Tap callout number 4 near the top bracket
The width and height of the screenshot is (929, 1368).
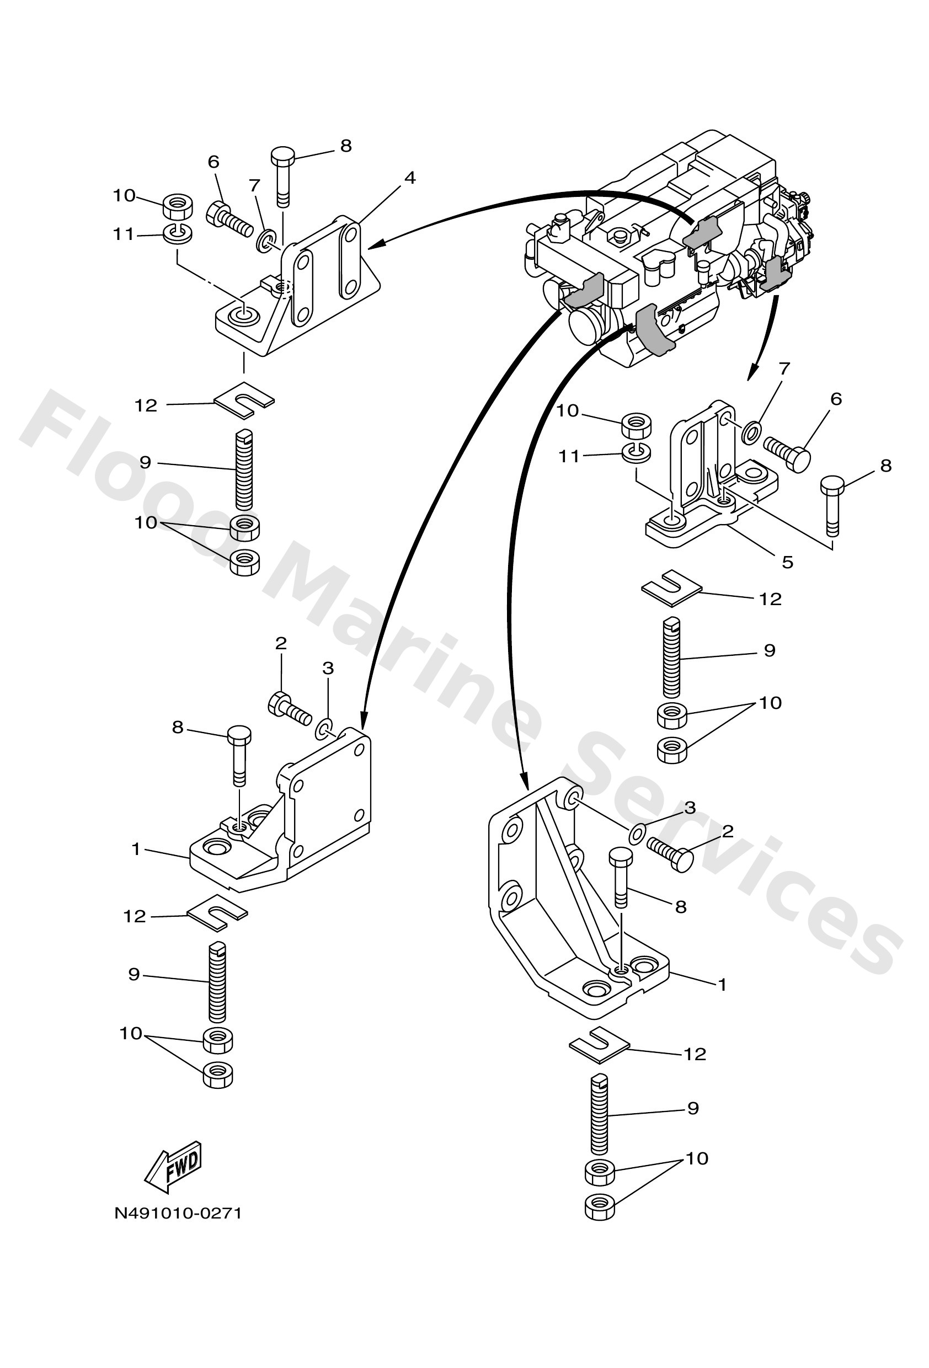pyautogui.click(x=410, y=178)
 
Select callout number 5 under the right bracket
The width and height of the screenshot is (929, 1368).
pyautogui.click(x=787, y=562)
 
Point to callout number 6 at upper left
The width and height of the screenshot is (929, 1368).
pyautogui.click(x=213, y=161)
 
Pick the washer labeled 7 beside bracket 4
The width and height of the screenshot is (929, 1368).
pyautogui.click(x=265, y=239)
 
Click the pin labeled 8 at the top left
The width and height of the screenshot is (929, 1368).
pyautogui.click(x=282, y=175)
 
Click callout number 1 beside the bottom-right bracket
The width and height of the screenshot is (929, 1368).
pyautogui.click(x=722, y=984)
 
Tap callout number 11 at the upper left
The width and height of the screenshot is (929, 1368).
pyautogui.click(x=124, y=234)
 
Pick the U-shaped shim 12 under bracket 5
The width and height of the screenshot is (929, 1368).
pyautogui.click(x=672, y=586)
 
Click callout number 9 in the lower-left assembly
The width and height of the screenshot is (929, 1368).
pyautogui.click(x=134, y=974)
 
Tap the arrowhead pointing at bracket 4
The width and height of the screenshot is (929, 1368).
pyautogui.click(x=375, y=243)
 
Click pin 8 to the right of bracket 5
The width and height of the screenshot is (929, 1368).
pyautogui.click(x=832, y=505)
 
